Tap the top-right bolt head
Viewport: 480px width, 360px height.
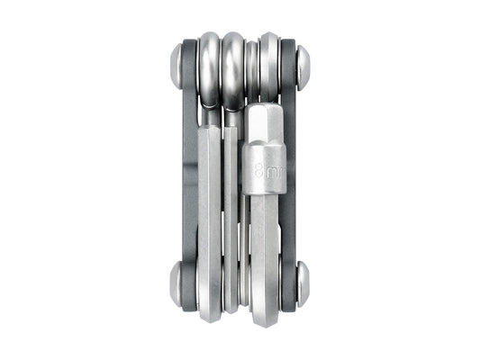pos(303,65)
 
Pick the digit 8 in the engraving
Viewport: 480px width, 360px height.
pos(259,170)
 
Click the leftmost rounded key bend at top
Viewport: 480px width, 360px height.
pos(209,67)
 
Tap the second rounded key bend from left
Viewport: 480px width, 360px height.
pos(233,67)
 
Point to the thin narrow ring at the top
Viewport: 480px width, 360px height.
pos(252,67)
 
